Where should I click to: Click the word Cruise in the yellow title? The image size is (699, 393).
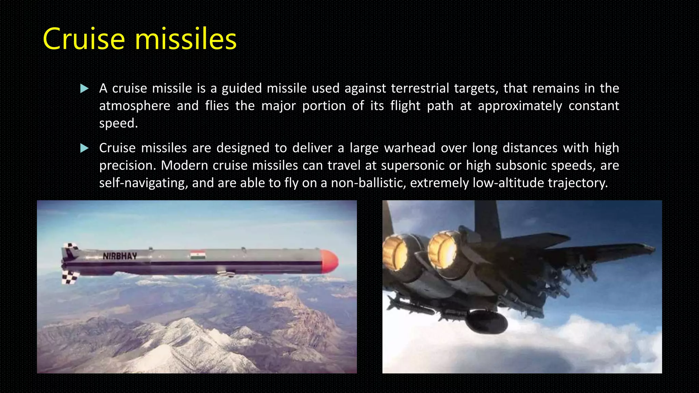coord(84,39)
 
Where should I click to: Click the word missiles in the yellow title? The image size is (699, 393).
coord(186,39)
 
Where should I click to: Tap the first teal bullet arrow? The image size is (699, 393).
coord(84,89)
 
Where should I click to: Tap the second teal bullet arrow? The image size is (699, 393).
coord(84,148)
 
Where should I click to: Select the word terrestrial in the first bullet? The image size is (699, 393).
coord(419,88)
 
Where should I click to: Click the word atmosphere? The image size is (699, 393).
coord(134,106)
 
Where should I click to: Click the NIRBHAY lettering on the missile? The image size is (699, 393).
coord(120,256)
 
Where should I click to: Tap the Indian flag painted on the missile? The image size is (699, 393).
coord(198,255)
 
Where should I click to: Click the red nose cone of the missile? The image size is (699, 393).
coord(330,261)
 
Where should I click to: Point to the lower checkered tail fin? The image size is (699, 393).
coord(70,277)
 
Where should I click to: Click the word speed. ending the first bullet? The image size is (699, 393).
coord(118,123)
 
